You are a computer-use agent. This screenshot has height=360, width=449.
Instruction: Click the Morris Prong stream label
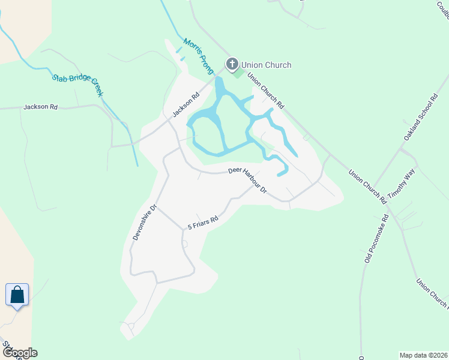click(x=199, y=56)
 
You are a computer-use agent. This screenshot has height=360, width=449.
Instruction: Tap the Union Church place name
click(x=266, y=65)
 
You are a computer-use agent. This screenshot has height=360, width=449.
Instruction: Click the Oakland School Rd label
click(x=420, y=118)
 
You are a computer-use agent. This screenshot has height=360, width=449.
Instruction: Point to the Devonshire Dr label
click(x=145, y=223)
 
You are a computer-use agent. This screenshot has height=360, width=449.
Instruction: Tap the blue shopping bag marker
click(x=17, y=295)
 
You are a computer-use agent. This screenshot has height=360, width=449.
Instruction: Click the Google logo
click(x=19, y=353)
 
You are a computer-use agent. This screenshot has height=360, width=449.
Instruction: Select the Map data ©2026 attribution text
click(x=423, y=355)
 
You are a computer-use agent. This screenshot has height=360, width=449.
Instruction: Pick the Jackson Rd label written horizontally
click(x=40, y=107)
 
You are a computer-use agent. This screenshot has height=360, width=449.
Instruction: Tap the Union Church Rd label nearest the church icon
click(x=265, y=91)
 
